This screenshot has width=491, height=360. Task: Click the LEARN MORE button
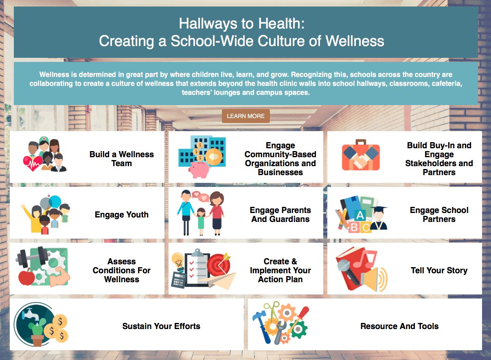pos(246,116)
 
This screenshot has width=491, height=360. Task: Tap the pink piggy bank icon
pos(199,170)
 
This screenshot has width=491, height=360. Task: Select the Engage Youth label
pos(122,215)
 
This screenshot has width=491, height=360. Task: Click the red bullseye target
pos(219,265)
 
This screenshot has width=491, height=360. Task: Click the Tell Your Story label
pos(439,270)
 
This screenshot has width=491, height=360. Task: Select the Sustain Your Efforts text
pos(161,326)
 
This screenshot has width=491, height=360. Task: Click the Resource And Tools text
pos(399,326)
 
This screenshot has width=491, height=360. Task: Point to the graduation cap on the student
pos(379,209)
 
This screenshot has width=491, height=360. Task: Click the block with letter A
pos(360,215)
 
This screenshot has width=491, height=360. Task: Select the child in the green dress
pos(201,222)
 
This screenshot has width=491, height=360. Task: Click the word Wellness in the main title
pos(355,41)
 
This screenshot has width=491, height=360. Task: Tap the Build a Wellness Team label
pos(122,159)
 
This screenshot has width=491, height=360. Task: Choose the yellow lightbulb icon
pos(178,260)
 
